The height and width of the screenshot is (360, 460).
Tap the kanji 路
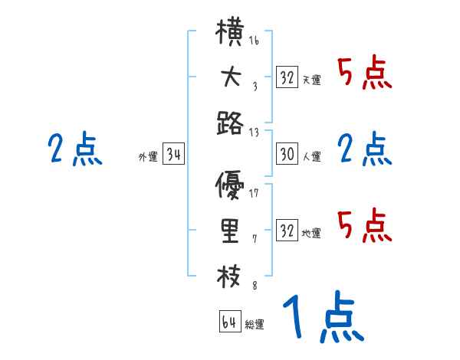(x=231, y=121)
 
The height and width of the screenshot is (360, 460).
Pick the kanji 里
(x=231, y=231)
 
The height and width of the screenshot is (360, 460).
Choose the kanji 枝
(x=231, y=274)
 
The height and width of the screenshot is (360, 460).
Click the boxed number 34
(x=173, y=155)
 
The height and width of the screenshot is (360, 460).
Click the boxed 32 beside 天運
(x=287, y=77)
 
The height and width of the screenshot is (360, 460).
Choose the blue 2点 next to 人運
(x=366, y=149)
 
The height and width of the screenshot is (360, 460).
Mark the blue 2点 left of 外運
(x=75, y=149)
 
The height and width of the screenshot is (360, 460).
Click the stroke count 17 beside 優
(x=254, y=192)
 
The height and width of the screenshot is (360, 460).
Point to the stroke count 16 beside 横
(x=254, y=41)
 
